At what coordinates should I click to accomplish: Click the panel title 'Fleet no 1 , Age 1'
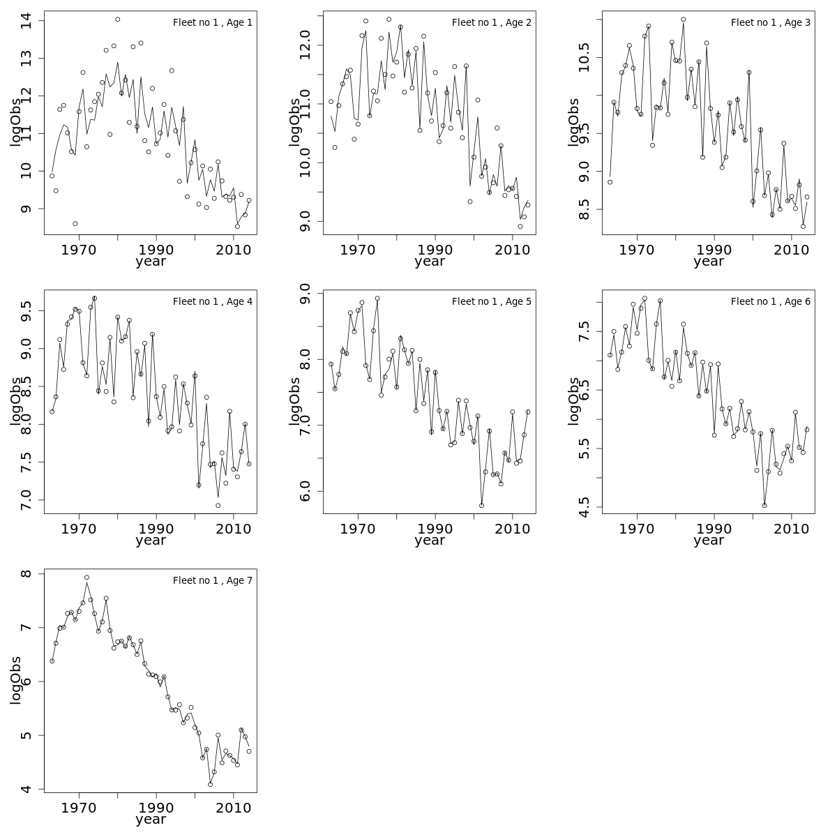point(213,22)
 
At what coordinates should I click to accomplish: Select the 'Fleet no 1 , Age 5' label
point(492,301)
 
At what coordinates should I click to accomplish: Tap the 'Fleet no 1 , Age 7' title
point(213,580)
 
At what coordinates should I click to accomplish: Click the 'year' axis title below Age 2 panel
point(430,262)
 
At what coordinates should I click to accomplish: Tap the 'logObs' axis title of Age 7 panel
point(15,680)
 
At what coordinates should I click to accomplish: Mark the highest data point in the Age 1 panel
point(117,20)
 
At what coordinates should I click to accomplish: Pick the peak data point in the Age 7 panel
point(86,578)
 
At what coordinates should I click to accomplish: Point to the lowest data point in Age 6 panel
point(764,505)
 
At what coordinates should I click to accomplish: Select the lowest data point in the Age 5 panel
point(481,505)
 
